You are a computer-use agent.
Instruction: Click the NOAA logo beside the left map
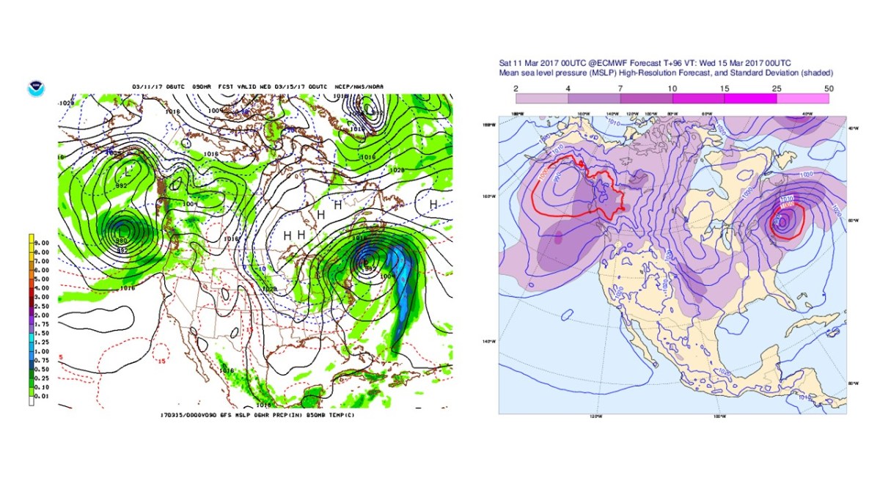pos(34,89)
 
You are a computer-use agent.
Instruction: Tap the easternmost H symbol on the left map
pos(433,204)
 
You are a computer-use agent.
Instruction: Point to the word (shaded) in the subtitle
pos(815,73)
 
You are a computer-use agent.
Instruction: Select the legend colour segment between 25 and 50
pos(802,98)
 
